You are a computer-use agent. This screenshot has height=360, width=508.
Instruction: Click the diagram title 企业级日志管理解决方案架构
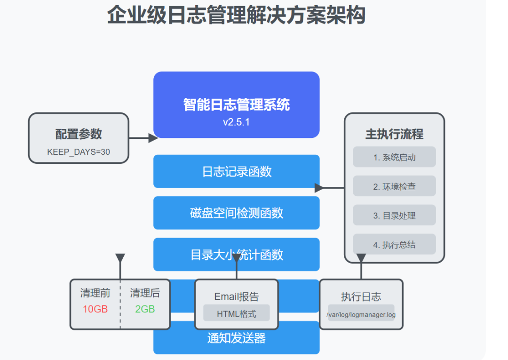236,15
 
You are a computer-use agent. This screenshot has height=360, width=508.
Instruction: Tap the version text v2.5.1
237,122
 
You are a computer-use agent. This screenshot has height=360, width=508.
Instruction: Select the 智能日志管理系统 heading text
237,104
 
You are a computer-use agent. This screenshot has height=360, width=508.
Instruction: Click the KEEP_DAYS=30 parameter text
79,152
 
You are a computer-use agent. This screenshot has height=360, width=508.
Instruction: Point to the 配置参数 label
79,134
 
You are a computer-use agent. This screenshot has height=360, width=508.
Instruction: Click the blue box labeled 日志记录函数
237,172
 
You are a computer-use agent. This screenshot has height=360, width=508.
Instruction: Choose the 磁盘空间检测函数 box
237,213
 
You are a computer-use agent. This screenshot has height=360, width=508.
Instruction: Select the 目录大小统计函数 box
237,255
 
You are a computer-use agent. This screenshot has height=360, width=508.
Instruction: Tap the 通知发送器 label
237,338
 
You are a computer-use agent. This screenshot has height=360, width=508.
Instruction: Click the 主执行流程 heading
394,134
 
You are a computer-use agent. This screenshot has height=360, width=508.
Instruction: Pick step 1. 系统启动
394,158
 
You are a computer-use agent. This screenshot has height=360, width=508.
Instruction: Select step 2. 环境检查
394,187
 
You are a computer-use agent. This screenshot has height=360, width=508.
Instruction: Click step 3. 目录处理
394,216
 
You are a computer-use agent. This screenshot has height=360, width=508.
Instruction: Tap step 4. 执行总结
394,245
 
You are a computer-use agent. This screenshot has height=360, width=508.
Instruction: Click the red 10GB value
95,309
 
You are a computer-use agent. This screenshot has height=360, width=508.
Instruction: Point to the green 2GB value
145,309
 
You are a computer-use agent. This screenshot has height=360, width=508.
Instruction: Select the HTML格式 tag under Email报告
236,313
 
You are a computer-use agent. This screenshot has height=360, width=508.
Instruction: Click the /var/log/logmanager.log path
361,314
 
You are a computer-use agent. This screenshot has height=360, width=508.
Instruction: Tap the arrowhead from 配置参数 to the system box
152,138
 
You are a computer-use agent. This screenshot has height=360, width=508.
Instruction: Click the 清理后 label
145,293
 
